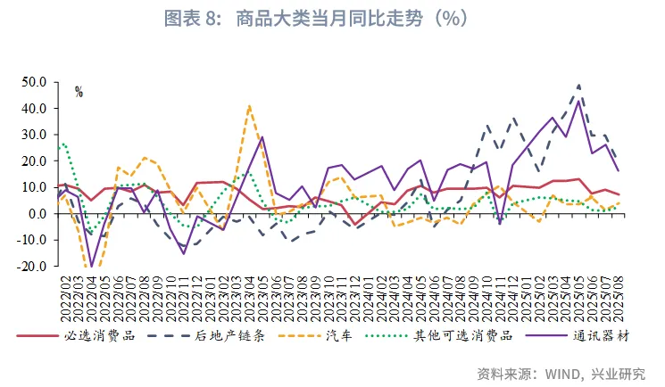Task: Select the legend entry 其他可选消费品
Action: click(x=461, y=336)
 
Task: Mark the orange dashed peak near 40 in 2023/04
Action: click(x=249, y=106)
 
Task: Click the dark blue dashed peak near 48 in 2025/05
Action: click(x=579, y=86)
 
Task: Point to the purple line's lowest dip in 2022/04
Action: click(x=91, y=266)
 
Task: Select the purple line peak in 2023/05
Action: click(x=262, y=137)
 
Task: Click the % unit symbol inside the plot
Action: click(x=79, y=92)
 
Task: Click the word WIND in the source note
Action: click(x=561, y=372)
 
